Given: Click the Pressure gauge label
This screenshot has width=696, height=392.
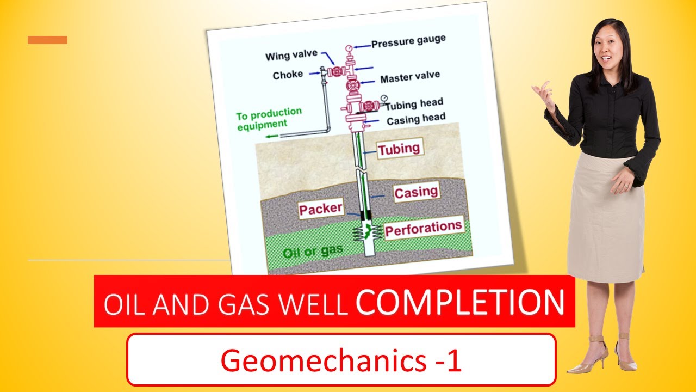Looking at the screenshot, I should tap(408, 41).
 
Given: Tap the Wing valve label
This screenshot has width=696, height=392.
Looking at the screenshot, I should tap(291, 56).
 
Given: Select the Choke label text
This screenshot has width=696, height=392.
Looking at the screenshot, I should tap(288, 75).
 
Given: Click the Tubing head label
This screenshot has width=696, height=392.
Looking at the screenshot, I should tap(414, 103).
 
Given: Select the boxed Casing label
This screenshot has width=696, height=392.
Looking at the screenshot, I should tap(416, 192).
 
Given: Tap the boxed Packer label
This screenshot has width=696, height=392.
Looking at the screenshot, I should tap(321, 209).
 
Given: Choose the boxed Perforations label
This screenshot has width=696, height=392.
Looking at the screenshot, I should tap(424, 228).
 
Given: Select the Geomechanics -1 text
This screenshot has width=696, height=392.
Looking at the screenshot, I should tap(341, 360).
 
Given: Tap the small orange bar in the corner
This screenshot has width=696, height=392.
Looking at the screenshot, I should tap(47, 40).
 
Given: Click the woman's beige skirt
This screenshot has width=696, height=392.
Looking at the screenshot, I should tap(605, 218).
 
